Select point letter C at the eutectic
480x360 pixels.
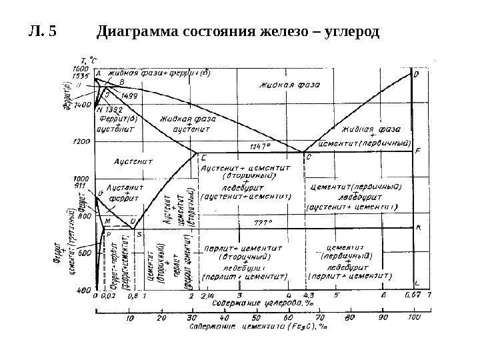pyautogui.click(x=308, y=157)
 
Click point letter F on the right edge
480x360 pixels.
pyautogui.click(x=417, y=151)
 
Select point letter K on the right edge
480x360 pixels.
pyautogui.click(x=418, y=227)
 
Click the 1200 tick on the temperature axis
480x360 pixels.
pyautogui.click(x=81, y=142)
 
